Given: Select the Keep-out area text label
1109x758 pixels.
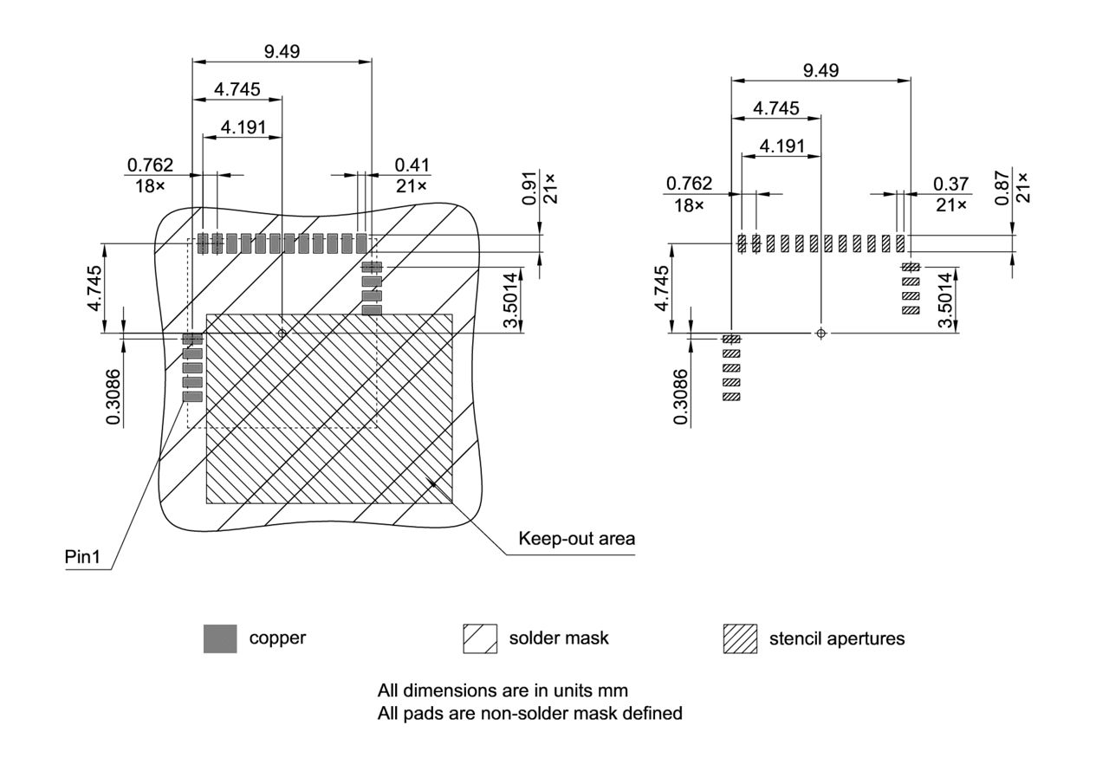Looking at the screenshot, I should pos(576,538).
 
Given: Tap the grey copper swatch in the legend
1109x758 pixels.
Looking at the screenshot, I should pos(220,639).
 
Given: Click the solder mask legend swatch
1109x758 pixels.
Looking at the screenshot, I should pos(480,639).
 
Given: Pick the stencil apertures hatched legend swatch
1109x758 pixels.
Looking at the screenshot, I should pos(740,639).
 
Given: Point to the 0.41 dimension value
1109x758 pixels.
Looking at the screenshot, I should pos(412,165).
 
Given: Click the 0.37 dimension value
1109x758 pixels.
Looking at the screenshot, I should pos(951,184).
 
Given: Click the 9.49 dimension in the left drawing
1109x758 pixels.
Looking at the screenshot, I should pos(282,51).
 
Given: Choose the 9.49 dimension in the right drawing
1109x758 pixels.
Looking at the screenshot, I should pos(820,70).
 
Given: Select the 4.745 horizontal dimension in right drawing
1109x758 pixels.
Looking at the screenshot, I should pos(775,108).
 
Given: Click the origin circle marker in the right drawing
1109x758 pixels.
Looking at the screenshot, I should pos(821,334).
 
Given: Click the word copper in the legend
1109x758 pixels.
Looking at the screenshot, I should pos(277,638).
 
